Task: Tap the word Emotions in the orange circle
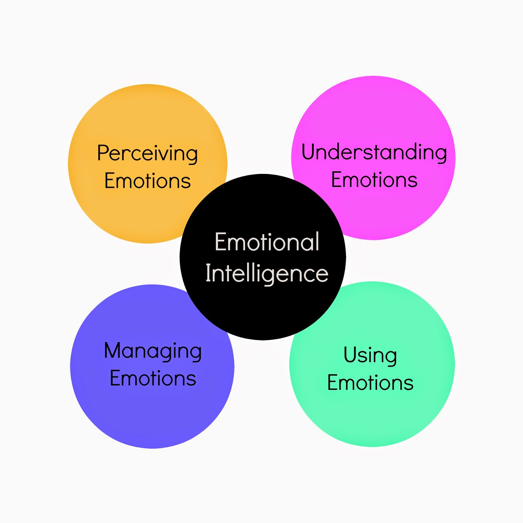147,181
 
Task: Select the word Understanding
374,152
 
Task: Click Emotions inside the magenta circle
374,180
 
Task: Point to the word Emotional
267,242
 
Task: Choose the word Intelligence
267,274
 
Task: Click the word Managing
153,351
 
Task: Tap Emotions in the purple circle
153,379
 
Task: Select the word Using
370,355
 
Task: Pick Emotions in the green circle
370,383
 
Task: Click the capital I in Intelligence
208,273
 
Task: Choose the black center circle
262,311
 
